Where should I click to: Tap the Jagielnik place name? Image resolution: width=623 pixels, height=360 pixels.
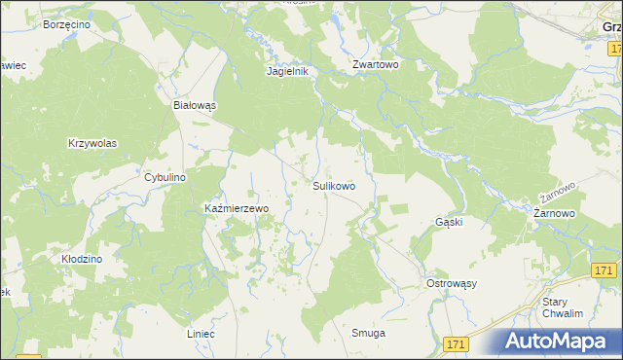(287, 71)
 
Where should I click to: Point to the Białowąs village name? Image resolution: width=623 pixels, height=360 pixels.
(194, 104)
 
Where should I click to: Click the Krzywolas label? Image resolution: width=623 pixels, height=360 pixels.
(92, 143)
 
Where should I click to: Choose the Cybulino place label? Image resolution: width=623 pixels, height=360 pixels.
(165, 177)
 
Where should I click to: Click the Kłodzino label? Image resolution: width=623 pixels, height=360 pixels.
(82, 261)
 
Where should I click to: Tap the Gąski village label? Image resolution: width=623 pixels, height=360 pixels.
(448, 222)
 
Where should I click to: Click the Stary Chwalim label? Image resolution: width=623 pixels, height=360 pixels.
(562, 308)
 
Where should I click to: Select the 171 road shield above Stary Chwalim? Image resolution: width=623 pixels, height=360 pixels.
(604, 270)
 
